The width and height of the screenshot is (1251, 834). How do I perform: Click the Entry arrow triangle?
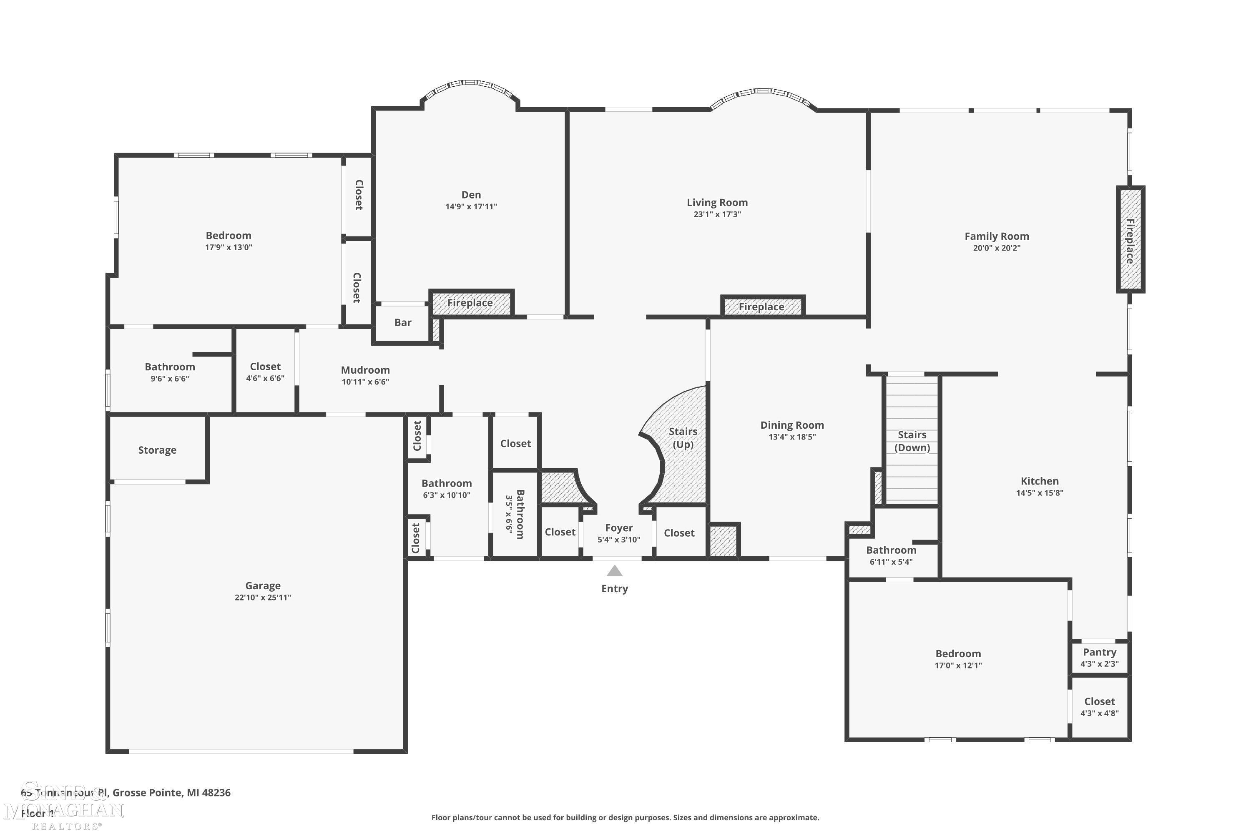click(x=614, y=571)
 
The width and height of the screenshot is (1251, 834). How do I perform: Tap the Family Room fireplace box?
click(x=1130, y=239)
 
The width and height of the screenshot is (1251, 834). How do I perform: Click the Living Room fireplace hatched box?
click(x=762, y=307)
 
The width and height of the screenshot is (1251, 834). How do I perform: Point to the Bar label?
click(x=403, y=322)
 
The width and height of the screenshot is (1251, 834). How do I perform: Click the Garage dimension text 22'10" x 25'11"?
click(x=263, y=597)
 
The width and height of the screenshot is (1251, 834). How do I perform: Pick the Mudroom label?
click(x=365, y=369)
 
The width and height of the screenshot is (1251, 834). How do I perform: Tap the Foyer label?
click(x=618, y=528)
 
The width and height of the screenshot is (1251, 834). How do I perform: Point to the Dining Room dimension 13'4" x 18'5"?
click(x=791, y=437)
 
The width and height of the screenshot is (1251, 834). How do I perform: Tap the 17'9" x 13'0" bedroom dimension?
click(x=228, y=247)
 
